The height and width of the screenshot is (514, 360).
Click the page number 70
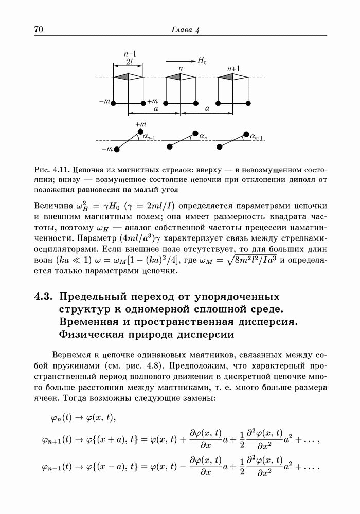click(38, 29)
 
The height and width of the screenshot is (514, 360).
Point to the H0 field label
click(202, 60)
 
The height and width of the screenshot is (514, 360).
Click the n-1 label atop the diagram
click(130, 53)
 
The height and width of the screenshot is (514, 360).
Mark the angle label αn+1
click(257, 137)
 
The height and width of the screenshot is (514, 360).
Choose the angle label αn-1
click(150, 137)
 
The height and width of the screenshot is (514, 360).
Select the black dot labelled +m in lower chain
click(140, 132)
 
